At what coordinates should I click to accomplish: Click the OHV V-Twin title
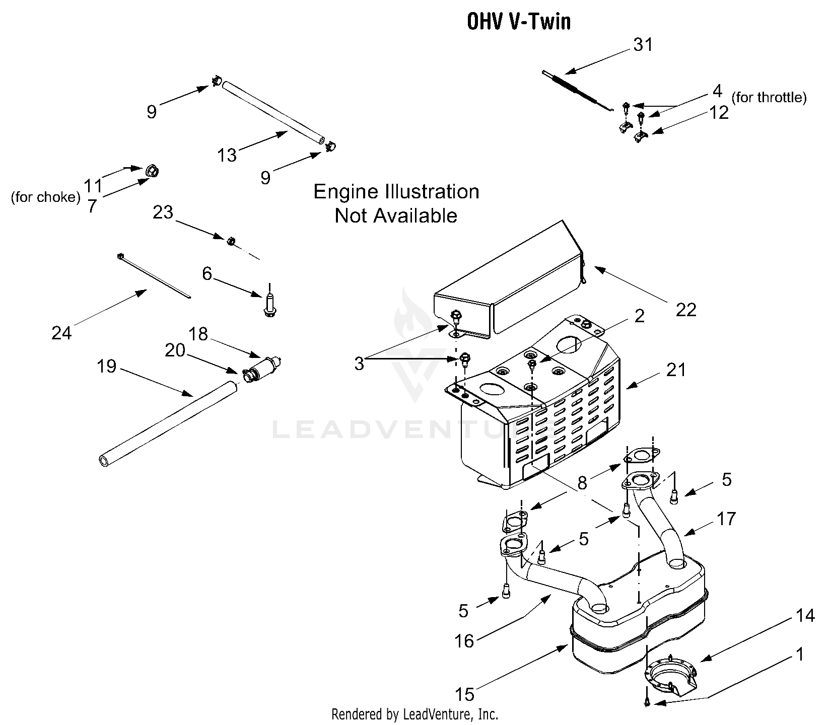coord(519,22)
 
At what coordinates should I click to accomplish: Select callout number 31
coord(643,45)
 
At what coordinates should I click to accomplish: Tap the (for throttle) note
coord(769,97)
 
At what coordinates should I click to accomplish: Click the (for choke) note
coord(45,197)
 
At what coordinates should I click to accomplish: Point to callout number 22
coord(685,310)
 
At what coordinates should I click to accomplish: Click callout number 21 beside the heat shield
coord(675,370)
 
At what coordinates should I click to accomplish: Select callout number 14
coord(805,615)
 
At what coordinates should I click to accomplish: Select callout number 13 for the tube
coord(227,155)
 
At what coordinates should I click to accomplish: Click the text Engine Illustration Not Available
coord(396,203)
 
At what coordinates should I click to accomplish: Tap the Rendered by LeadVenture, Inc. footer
coord(414,714)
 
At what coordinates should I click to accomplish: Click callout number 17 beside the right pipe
coord(726,519)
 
